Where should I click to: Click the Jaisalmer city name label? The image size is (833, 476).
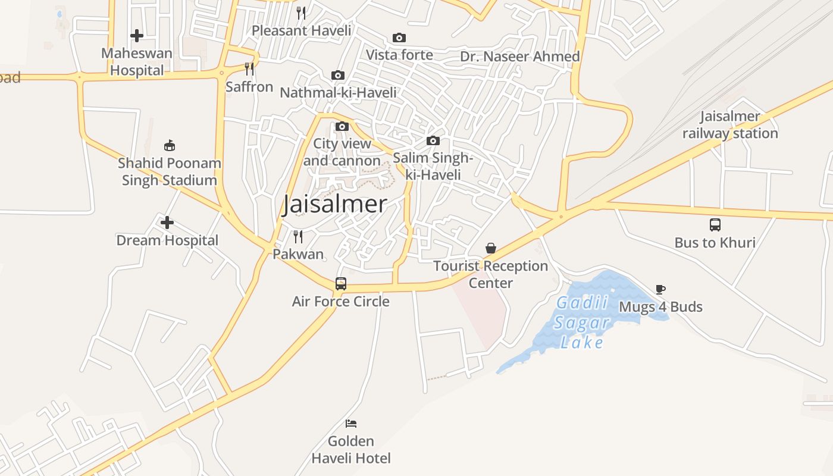click(x=334, y=204)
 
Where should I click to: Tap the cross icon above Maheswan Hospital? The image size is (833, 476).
click(x=137, y=36)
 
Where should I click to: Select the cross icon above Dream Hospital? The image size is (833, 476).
click(x=167, y=223)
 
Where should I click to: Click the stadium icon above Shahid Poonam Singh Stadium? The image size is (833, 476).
click(x=170, y=145)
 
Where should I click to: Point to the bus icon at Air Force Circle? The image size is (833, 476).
click(x=340, y=284)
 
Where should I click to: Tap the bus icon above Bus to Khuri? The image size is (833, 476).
click(x=715, y=225)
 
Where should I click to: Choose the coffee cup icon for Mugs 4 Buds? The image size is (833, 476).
click(x=660, y=289)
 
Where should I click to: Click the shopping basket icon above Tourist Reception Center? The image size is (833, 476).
click(x=491, y=248)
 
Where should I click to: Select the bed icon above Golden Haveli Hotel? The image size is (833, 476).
click(x=351, y=424)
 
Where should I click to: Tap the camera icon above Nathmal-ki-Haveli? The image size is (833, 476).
click(x=338, y=75)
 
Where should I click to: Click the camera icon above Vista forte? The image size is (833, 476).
click(x=399, y=37)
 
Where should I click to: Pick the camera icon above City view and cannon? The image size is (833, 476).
click(x=342, y=126)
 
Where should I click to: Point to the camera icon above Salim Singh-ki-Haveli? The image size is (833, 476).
click(x=433, y=140)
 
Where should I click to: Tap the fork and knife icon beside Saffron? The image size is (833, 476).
click(x=249, y=69)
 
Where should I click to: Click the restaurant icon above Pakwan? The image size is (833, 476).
click(x=298, y=237)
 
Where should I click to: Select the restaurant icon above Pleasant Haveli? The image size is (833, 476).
click(x=301, y=13)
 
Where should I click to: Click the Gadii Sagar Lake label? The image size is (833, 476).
click(x=582, y=323)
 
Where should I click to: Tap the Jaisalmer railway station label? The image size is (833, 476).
click(x=730, y=125)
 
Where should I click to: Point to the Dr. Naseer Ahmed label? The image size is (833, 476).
click(x=520, y=57)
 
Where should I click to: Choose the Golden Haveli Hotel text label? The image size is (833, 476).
click(x=351, y=450)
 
